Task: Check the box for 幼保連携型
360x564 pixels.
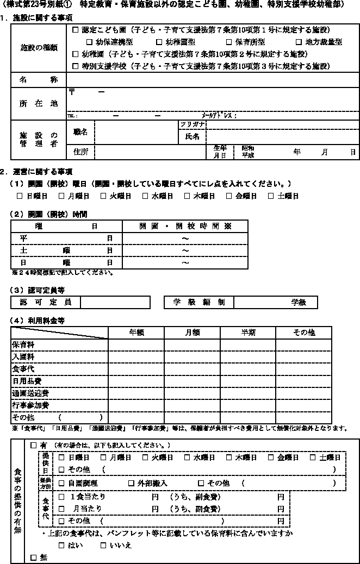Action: coord(90,42)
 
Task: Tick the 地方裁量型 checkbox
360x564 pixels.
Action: coord(299,42)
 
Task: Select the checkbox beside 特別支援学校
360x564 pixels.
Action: coord(76,66)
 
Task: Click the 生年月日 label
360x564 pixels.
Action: coord(220,151)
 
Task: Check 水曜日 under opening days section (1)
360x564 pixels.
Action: coord(145,196)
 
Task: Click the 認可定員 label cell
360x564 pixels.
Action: coord(45,302)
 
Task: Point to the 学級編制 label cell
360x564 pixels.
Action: coord(198,302)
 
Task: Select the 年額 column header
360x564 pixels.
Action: coord(136,333)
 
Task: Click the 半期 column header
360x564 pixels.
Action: coord(248,333)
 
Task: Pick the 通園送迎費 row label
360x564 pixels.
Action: coord(30,393)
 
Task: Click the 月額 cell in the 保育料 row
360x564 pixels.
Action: coord(192,344)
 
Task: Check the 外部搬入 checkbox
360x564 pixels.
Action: coord(131,483)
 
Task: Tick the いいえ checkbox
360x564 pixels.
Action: coord(103,546)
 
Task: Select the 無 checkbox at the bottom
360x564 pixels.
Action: coord(34,557)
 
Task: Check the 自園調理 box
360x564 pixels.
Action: coord(61,483)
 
